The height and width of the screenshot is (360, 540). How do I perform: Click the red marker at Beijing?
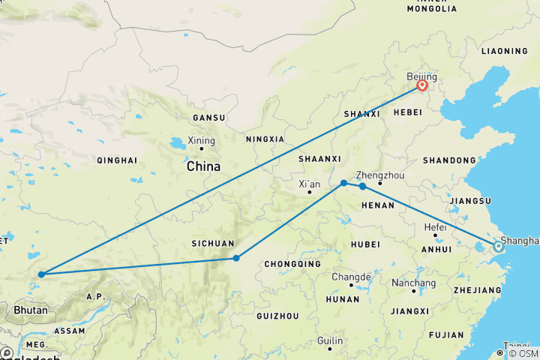pyautogui.click(x=422, y=85)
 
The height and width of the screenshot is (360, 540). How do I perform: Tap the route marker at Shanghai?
pyautogui.click(x=498, y=246)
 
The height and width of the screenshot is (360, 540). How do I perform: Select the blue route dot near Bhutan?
pyautogui.click(x=40, y=274)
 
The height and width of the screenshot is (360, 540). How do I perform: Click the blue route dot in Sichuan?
pyautogui.click(x=236, y=258)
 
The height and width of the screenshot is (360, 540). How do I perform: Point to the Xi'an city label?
pyautogui.click(x=310, y=184)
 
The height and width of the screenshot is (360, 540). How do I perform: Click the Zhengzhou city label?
pyautogui.click(x=380, y=173)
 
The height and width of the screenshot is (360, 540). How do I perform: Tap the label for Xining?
pyautogui.click(x=202, y=140)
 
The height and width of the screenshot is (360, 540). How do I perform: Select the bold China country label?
pyautogui.click(x=204, y=166)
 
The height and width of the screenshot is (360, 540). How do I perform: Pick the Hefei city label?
pyautogui.click(x=435, y=227)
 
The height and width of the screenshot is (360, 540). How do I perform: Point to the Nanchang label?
pyautogui.click(x=413, y=283)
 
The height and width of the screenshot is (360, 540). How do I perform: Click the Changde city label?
pyautogui.click(x=351, y=277)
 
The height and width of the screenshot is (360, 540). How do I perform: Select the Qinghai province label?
pyautogui.click(x=116, y=160)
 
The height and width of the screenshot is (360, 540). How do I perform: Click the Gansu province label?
pyautogui.click(x=208, y=118)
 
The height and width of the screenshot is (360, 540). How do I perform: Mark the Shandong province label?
pyautogui.click(x=449, y=160)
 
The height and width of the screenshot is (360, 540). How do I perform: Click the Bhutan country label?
pyautogui.click(x=31, y=310)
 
